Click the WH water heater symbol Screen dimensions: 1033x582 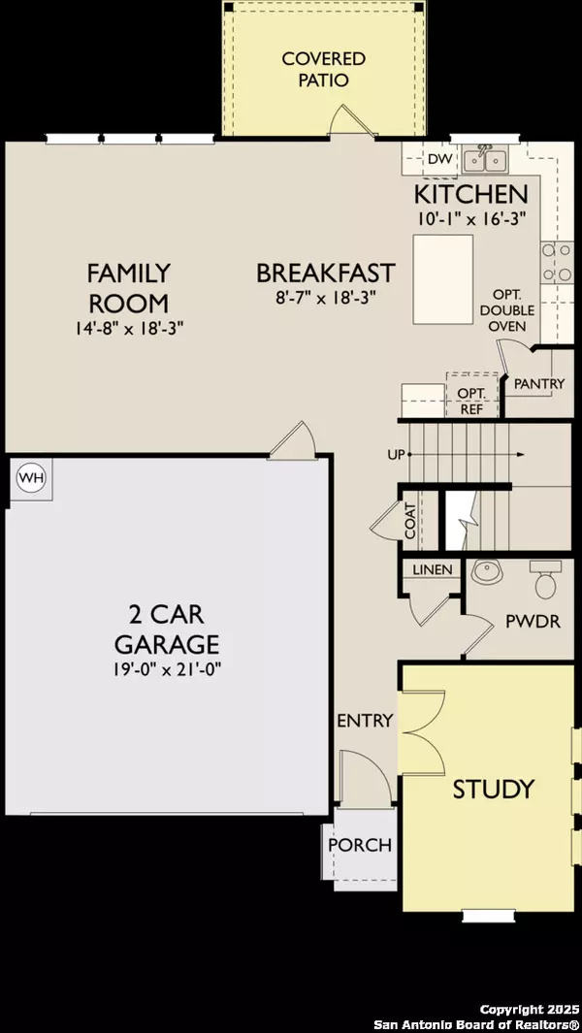click(31, 478)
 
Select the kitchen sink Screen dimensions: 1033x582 click(485, 158)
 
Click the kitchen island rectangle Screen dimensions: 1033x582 click(441, 279)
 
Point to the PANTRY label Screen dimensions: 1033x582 click(539, 383)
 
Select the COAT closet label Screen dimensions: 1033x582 click(411, 520)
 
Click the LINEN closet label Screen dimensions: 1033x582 click(433, 569)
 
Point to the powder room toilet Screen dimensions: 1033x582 click(546, 582)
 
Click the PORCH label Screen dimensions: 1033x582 click(360, 845)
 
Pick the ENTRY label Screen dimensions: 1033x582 click(365, 721)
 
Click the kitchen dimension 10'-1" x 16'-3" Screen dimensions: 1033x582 click(470, 218)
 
